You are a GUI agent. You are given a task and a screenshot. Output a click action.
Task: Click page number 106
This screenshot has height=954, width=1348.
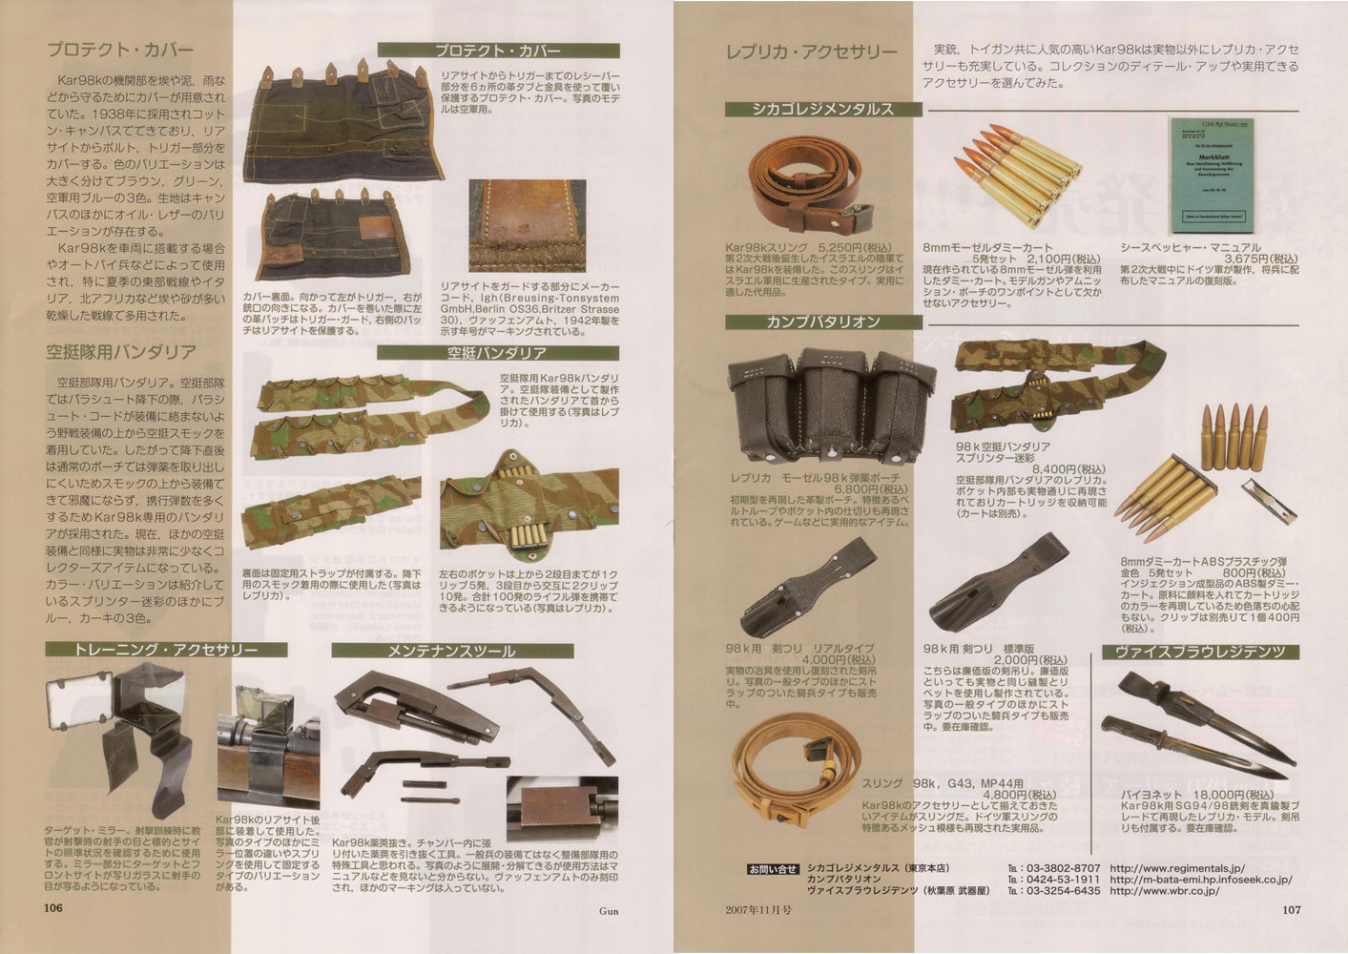(53, 908)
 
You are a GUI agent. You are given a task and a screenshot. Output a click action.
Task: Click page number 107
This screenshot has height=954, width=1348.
(1288, 909)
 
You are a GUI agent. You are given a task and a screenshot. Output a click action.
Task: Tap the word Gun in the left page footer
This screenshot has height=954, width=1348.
(608, 910)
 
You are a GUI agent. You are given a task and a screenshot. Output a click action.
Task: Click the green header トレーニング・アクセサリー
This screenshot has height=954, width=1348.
(166, 650)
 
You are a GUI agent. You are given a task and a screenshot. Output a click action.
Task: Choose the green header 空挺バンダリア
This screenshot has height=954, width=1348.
(497, 353)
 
